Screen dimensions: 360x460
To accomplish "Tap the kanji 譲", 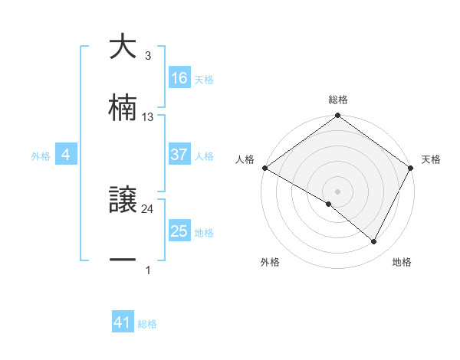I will tap(123, 201).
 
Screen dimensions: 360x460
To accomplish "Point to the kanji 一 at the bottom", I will tap(123, 260).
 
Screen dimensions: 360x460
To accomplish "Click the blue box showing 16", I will tap(179, 78).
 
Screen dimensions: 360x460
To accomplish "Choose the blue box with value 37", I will tap(179, 155).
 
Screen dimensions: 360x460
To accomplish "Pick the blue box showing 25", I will tap(179, 231).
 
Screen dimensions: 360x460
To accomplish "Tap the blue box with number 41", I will tap(123, 323).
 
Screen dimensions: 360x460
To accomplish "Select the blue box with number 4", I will tap(66, 155).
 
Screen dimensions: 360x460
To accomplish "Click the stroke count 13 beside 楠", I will tap(148, 117).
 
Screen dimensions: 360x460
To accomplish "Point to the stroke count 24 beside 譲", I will tap(148, 208).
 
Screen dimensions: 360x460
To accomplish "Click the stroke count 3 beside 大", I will tap(148, 56).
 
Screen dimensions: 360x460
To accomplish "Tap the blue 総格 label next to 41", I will tap(147, 324).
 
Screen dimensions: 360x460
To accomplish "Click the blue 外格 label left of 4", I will tap(41, 155).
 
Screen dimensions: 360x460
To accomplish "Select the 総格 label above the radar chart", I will tap(338, 100).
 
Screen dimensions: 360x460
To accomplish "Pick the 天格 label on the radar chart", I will tap(432, 159).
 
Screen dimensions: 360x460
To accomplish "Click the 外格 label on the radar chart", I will tap(270, 262).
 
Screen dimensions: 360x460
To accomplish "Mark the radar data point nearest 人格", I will tap(264, 168).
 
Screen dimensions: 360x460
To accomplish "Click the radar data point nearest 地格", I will tap(374, 242).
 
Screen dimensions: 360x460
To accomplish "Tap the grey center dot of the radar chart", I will tap(337, 191).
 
